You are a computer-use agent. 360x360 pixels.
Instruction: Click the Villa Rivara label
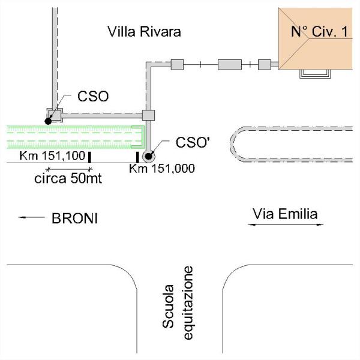pyautogui.click(x=144, y=32)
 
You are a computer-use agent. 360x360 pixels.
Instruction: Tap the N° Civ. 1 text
pyautogui.click(x=319, y=31)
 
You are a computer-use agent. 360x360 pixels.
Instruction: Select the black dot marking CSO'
pyautogui.click(x=149, y=156)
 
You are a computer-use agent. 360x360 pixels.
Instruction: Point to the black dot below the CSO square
pyautogui.click(x=48, y=121)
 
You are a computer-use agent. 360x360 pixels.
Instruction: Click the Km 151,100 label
pyautogui.click(x=52, y=155)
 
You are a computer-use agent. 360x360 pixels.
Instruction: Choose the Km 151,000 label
pyautogui.click(x=162, y=169)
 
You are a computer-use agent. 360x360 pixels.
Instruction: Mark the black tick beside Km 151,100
pyautogui.click(x=90, y=157)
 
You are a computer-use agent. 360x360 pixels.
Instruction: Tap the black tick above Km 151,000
pyautogui.click(x=137, y=157)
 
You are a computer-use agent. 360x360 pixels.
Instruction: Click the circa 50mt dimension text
pyautogui.click(x=68, y=178)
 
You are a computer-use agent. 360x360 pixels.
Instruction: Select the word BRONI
pyautogui.click(x=75, y=218)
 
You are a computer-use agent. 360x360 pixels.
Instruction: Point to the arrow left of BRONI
pyautogui.click(x=31, y=217)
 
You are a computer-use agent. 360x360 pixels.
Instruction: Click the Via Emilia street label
pyautogui.click(x=285, y=214)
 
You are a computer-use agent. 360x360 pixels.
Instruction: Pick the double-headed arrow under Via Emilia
pyautogui.click(x=286, y=224)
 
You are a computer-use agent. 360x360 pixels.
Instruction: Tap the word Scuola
pyautogui.click(x=168, y=306)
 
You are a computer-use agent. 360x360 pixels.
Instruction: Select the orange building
pyautogui.click(x=315, y=38)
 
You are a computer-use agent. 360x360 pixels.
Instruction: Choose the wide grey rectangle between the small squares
pyautogui.click(x=230, y=65)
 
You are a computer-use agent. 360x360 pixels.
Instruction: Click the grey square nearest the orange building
pyautogui.click(x=265, y=65)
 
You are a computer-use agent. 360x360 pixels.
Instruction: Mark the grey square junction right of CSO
pyautogui.click(x=148, y=115)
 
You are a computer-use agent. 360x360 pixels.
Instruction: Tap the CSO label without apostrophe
pyautogui.click(x=93, y=97)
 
